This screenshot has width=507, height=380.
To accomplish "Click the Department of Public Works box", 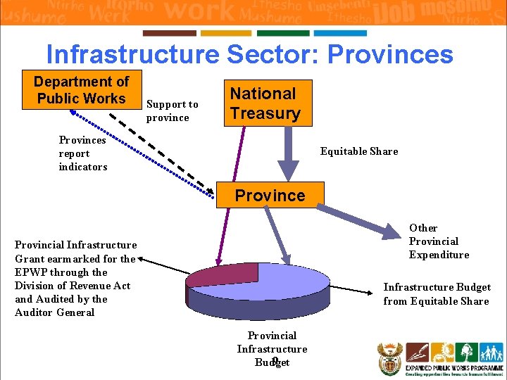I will click(x=81, y=90).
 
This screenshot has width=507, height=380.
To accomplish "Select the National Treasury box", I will click(x=265, y=103).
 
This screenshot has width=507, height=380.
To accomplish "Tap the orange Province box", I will click(x=270, y=195).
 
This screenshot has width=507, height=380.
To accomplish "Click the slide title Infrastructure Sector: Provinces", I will click(x=249, y=54).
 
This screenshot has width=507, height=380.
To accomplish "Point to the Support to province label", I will click(x=172, y=110).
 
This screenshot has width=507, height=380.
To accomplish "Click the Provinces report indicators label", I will click(x=83, y=153).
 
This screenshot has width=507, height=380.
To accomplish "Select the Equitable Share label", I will click(x=358, y=151).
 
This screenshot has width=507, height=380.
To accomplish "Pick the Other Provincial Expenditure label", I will click(x=438, y=241).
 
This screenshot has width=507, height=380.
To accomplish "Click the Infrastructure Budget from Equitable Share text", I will click(x=437, y=293).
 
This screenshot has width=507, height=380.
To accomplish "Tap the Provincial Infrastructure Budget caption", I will click(x=272, y=348).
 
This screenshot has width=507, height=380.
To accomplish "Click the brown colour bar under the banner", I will click(x=169, y=33).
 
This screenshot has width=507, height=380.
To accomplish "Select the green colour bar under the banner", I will click(x=283, y=33).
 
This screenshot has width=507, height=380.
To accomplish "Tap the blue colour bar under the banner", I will click(x=339, y=33).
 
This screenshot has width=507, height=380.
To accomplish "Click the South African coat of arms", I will click(x=389, y=359).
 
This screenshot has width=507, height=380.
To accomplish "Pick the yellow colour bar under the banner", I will click(x=226, y=33).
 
